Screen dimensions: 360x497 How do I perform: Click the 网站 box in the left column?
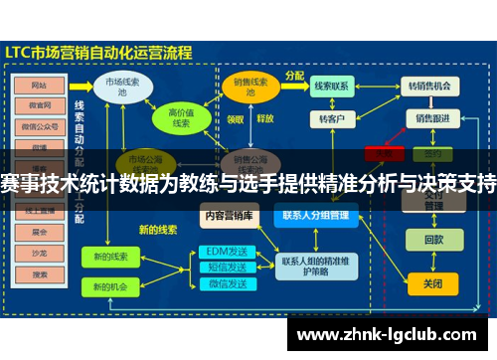coord(40,85)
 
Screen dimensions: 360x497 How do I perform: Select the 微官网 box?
coord(40,104)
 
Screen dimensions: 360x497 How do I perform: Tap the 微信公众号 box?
coord(40,125)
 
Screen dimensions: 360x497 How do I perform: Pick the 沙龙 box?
coord(40,251)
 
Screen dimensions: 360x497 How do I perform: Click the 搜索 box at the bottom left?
coord(40,270)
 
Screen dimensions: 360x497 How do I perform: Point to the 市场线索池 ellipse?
coord(122,88)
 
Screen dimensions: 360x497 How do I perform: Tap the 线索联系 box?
coord(331,88)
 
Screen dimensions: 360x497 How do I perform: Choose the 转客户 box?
coord(331,119)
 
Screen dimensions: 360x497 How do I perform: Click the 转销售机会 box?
coord(432,88)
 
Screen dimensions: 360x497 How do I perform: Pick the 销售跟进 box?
coord(432,118)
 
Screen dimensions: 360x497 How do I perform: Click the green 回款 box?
coord(433,240)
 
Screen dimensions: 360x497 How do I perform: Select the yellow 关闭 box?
coord(433,283)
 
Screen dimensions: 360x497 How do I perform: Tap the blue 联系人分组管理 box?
coord(315,215)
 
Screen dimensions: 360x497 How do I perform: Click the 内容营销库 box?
coord(230,215)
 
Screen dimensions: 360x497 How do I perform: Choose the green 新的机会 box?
coord(110,286)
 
